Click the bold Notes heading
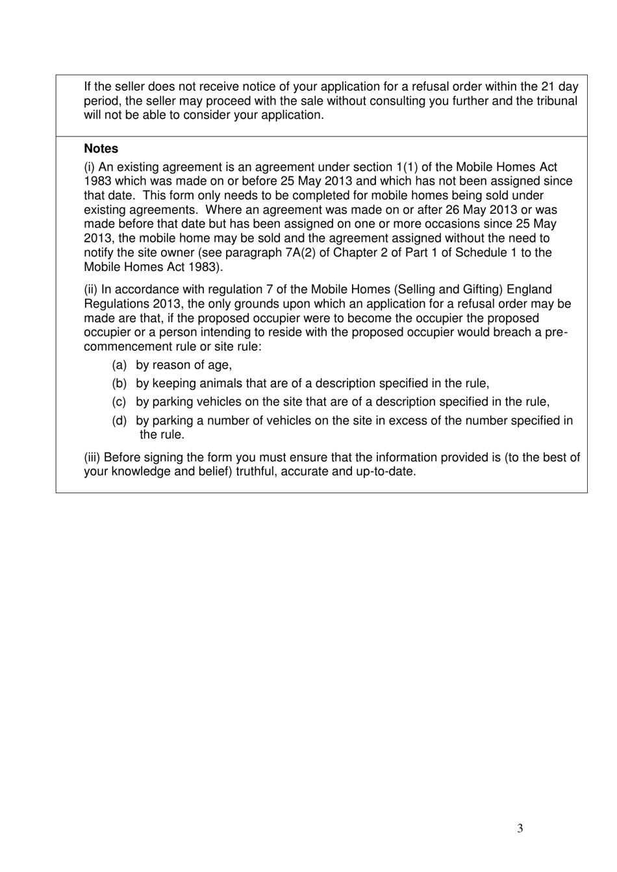click(101, 149)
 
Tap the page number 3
click(520, 828)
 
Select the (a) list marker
click(119, 365)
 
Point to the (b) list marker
click(119, 383)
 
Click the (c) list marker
click(119, 402)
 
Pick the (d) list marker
click(119, 420)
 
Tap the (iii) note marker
click(92, 457)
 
